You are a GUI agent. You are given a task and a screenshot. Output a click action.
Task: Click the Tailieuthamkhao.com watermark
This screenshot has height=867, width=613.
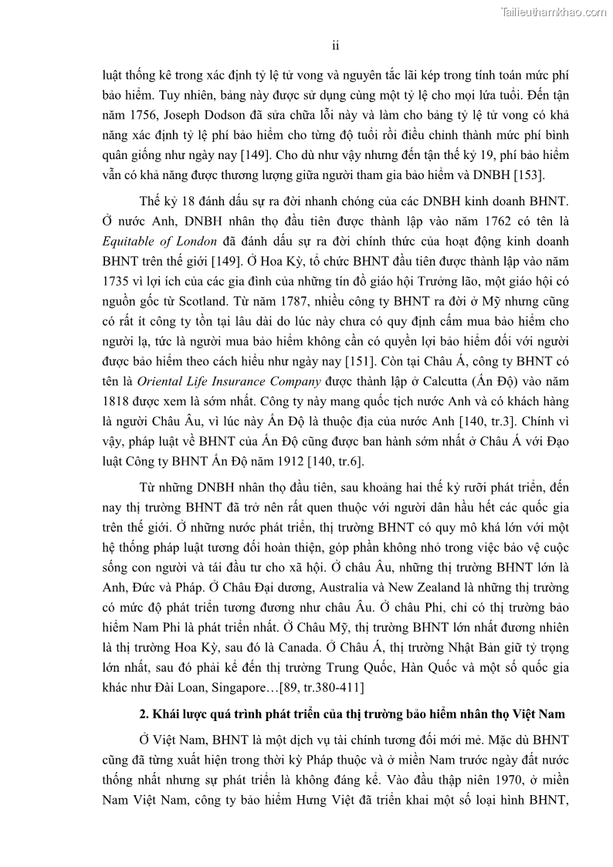point(554,12)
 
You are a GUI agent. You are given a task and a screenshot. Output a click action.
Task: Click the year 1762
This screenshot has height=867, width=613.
point(445,223)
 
